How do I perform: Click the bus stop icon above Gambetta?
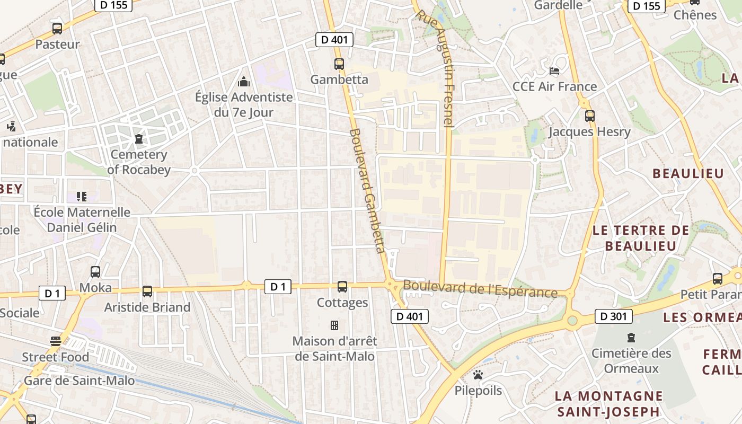(339, 64)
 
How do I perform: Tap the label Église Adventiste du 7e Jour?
(244, 104)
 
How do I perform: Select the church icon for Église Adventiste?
(244, 82)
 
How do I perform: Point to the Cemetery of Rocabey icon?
(139, 139)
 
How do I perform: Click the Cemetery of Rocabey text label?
(138, 162)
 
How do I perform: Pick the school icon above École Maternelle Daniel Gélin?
(82, 197)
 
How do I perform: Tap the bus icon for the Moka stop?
(95, 272)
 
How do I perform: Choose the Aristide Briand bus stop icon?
(147, 291)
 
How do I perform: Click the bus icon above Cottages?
(342, 287)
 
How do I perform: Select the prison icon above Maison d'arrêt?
(334, 325)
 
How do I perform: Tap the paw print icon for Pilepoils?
(478, 375)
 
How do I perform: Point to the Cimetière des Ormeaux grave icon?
(631, 338)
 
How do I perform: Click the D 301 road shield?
(614, 317)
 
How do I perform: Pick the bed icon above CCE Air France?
(554, 70)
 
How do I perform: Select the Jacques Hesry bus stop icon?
(589, 116)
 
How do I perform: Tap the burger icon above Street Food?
(55, 340)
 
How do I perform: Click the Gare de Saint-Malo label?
(79, 381)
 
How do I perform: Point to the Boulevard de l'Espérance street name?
(480, 289)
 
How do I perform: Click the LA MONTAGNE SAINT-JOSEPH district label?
(608, 403)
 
